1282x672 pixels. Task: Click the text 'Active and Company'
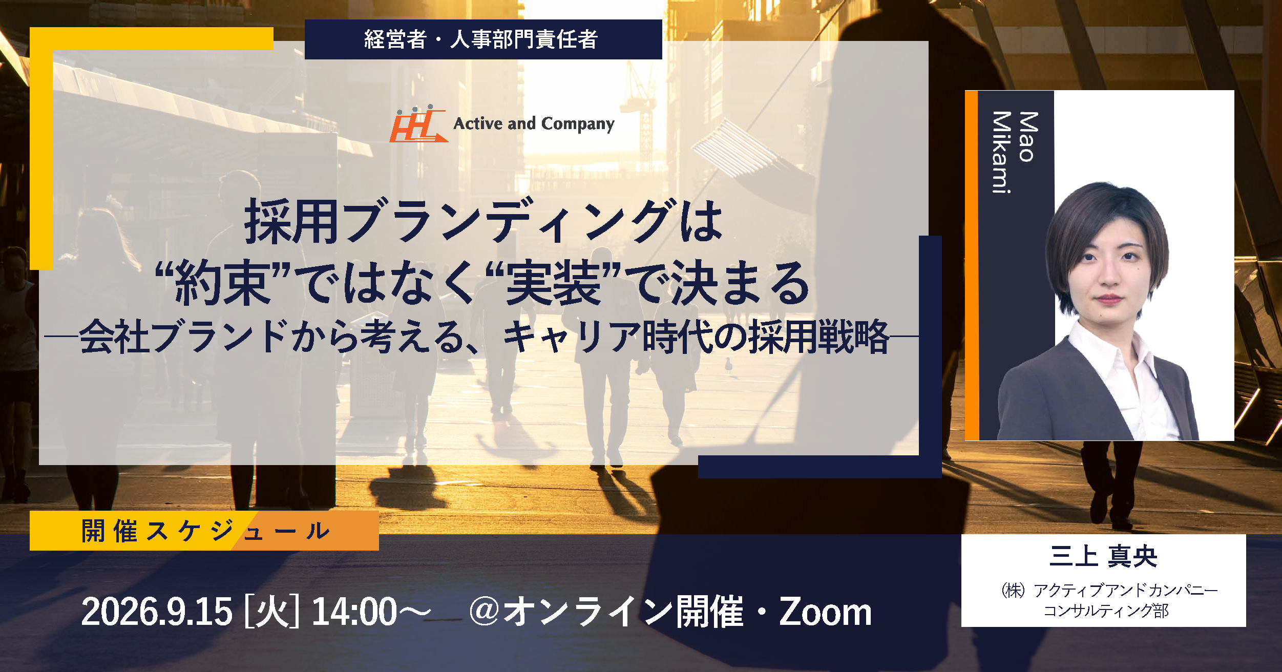click(534, 124)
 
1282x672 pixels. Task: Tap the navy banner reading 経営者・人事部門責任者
click(483, 39)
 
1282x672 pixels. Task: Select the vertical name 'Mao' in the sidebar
click(1028, 137)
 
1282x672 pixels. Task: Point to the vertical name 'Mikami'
click(1002, 152)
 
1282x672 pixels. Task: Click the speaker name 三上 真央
click(1103, 556)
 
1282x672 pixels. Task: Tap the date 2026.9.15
click(157, 612)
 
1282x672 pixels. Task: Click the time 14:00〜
click(371, 612)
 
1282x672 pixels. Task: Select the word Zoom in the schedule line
click(825, 612)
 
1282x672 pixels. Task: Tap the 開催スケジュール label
click(205, 531)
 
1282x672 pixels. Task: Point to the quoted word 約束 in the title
click(222, 283)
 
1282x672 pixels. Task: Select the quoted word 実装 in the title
click(553, 283)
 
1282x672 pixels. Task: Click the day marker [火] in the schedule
click(272, 612)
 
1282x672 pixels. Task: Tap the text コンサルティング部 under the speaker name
click(1106, 611)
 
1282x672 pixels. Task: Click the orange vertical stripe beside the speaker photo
click(972, 265)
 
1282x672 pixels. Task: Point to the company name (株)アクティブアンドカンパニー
click(1109, 590)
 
